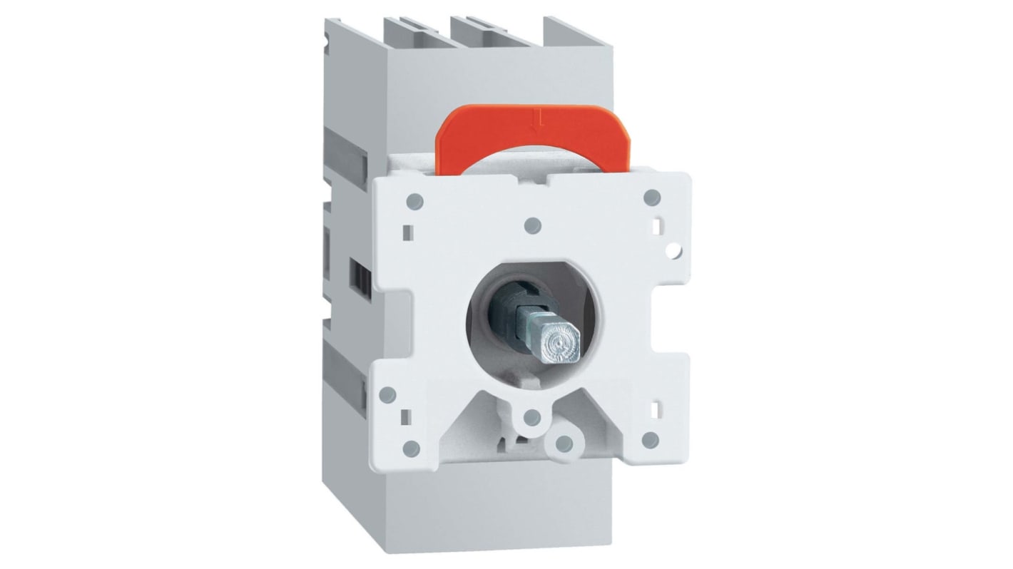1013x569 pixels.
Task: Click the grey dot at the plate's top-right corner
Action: [x=650, y=197]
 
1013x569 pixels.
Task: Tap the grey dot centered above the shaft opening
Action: [x=531, y=225]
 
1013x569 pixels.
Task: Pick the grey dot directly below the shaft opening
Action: [x=531, y=419]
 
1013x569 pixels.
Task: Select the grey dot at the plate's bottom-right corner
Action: [x=650, y=440]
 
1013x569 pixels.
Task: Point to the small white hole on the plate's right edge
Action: [x=673, y=251]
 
